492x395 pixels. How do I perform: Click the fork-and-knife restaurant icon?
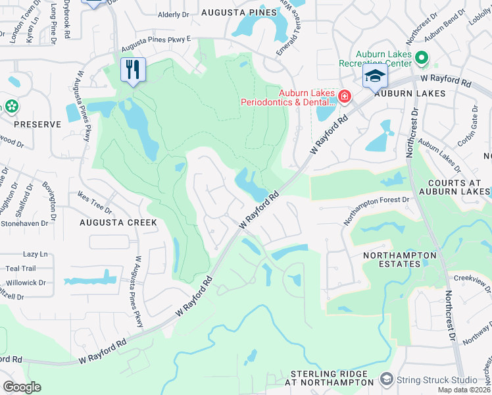pos(134,69)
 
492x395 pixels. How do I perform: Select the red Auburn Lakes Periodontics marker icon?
pos(344,97)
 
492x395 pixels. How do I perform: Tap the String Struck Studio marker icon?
pos(386,380)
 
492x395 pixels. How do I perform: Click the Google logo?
pos(22,386)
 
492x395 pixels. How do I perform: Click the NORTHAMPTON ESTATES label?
pos(400,259)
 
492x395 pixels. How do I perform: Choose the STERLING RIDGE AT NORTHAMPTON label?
pos(329,378)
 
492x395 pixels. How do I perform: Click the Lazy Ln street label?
pos(36,254)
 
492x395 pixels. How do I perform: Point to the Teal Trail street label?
pos(20,269)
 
